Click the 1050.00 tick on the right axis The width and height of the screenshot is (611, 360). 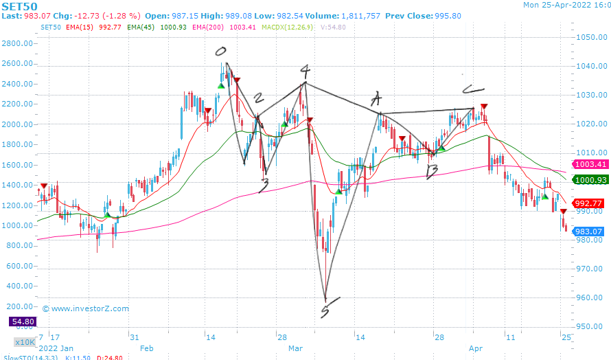point(590,37)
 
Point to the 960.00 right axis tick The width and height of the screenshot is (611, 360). point(590,298)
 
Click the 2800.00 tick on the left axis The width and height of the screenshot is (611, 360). point(19,43)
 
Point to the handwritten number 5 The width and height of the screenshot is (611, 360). point(324,312)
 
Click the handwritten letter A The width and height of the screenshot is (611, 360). point(376,98)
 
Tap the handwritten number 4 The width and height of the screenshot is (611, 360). point(305,71)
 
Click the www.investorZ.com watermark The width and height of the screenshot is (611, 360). point(86,308)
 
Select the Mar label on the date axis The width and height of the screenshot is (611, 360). point(295,348)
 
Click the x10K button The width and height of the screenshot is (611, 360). point(24,341)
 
